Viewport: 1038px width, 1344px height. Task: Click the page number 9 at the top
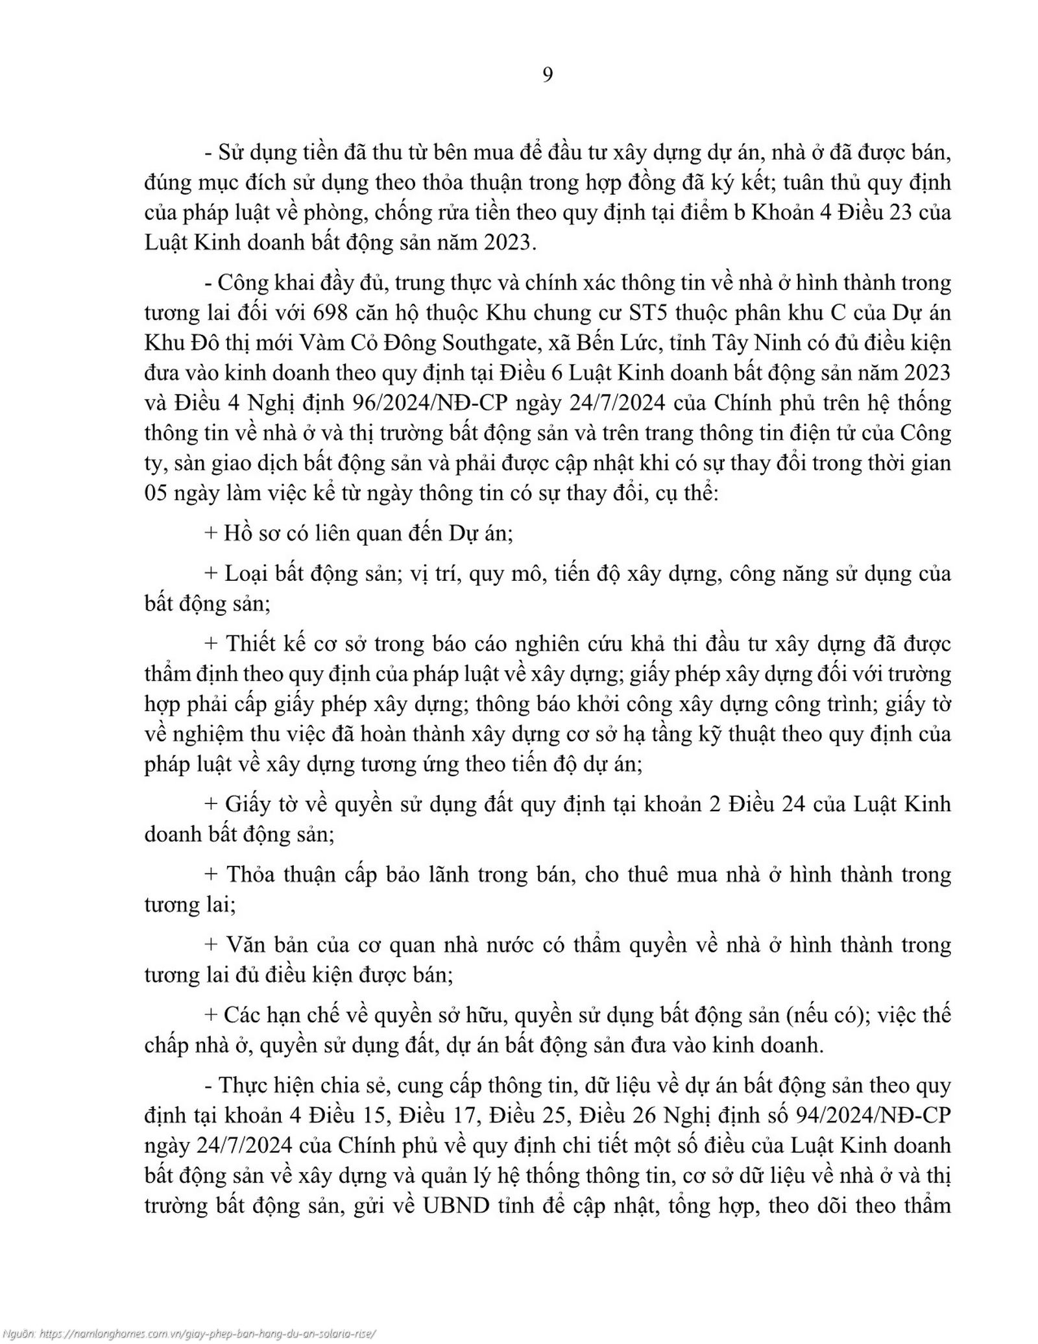click(547, 76)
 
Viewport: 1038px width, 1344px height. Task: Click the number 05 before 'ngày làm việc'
click(155, 493)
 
